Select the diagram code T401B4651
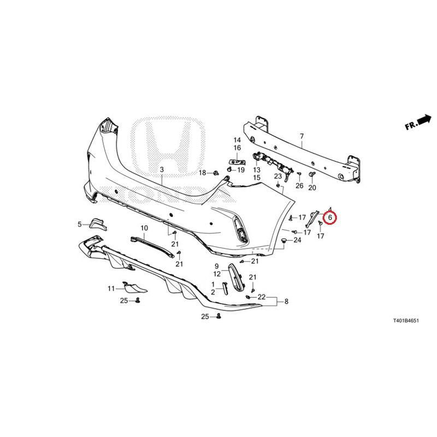[x=406, y=321]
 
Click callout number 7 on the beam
[x=302, y=137]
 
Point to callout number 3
[x=162, y=169]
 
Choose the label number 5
[x=80, y=224]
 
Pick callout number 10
[x=144, y=228]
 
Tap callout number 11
[x=111, y=288]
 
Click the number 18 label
[x=202, y=173]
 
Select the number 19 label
[x=241, y=170]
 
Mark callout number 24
[x=297, y=240]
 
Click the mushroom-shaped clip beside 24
[x=284, y=240]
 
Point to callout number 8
[x=286, y=302]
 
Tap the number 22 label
[x=262, y=297]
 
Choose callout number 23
[x=278, y=176]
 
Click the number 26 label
[x=299, y=185]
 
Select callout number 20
[x=312, y=188]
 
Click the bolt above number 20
[x=312, y=175]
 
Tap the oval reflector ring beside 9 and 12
[x=236, y=279]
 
